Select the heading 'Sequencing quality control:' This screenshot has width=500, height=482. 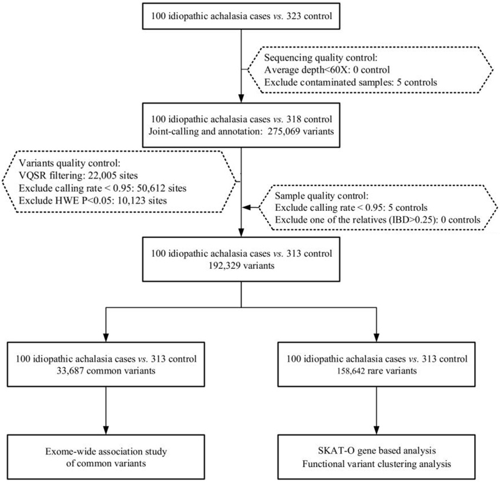(321, 58)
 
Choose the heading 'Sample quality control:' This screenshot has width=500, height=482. (322, 195)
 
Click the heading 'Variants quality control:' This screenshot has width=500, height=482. (70, 164)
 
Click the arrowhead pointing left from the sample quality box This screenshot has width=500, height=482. (246, 207)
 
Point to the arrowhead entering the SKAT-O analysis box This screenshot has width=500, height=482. (377, 430)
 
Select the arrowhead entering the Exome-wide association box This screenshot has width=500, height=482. (106, 430)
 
